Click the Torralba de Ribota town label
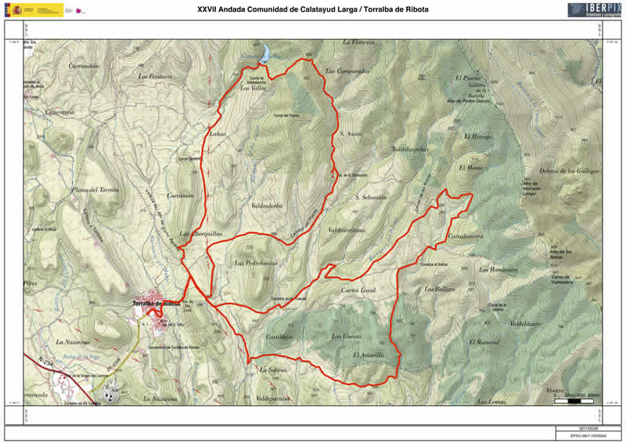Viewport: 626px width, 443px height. tap(156, 303)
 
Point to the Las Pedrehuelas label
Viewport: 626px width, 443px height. tap(255, 263)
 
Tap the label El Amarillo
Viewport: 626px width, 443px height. tap(368, 355)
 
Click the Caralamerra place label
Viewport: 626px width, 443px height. tap(465, 236)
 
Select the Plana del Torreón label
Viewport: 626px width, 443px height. tap(95, 190)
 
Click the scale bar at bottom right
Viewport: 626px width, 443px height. tap(577, 394)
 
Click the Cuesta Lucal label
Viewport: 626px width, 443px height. tap(359, 290)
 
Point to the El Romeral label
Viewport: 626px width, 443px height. tap(484, 343)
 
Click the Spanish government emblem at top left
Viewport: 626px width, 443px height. tap(34, 10)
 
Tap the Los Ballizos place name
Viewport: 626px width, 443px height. tap(439, 290)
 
